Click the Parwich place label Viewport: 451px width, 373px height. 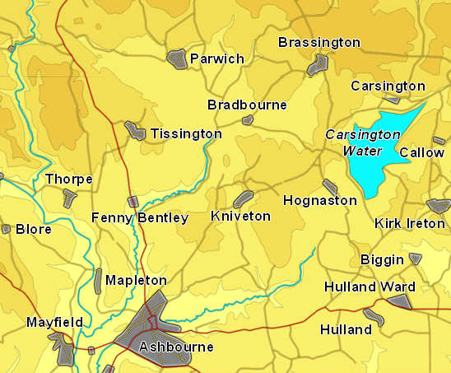tap(216, 58)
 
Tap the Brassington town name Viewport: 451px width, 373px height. tap(318, 42)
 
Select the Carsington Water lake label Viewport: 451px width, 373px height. tap(354, 142)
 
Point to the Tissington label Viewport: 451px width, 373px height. tap(186, 133)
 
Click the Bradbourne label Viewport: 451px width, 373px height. tap(247, 105)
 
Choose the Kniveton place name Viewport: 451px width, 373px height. tap(240, 216)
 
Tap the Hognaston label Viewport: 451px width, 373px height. tap(319, 200)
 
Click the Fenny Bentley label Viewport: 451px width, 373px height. tap(140, 218)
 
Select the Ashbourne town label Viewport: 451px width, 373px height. tap(176, 347)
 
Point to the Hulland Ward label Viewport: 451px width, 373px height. tap(370, 287)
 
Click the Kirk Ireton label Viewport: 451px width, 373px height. tap(409, 223)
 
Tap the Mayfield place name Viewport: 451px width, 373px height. tap(54, 322)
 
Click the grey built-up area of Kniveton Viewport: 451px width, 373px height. tap(243, 198)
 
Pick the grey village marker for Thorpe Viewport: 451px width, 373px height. tap(69, 197)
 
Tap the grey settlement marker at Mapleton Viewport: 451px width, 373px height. tap(98, 280)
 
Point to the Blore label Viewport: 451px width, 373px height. tap(33, 229)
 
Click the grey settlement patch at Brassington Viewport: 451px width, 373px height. tap(317, 64)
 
